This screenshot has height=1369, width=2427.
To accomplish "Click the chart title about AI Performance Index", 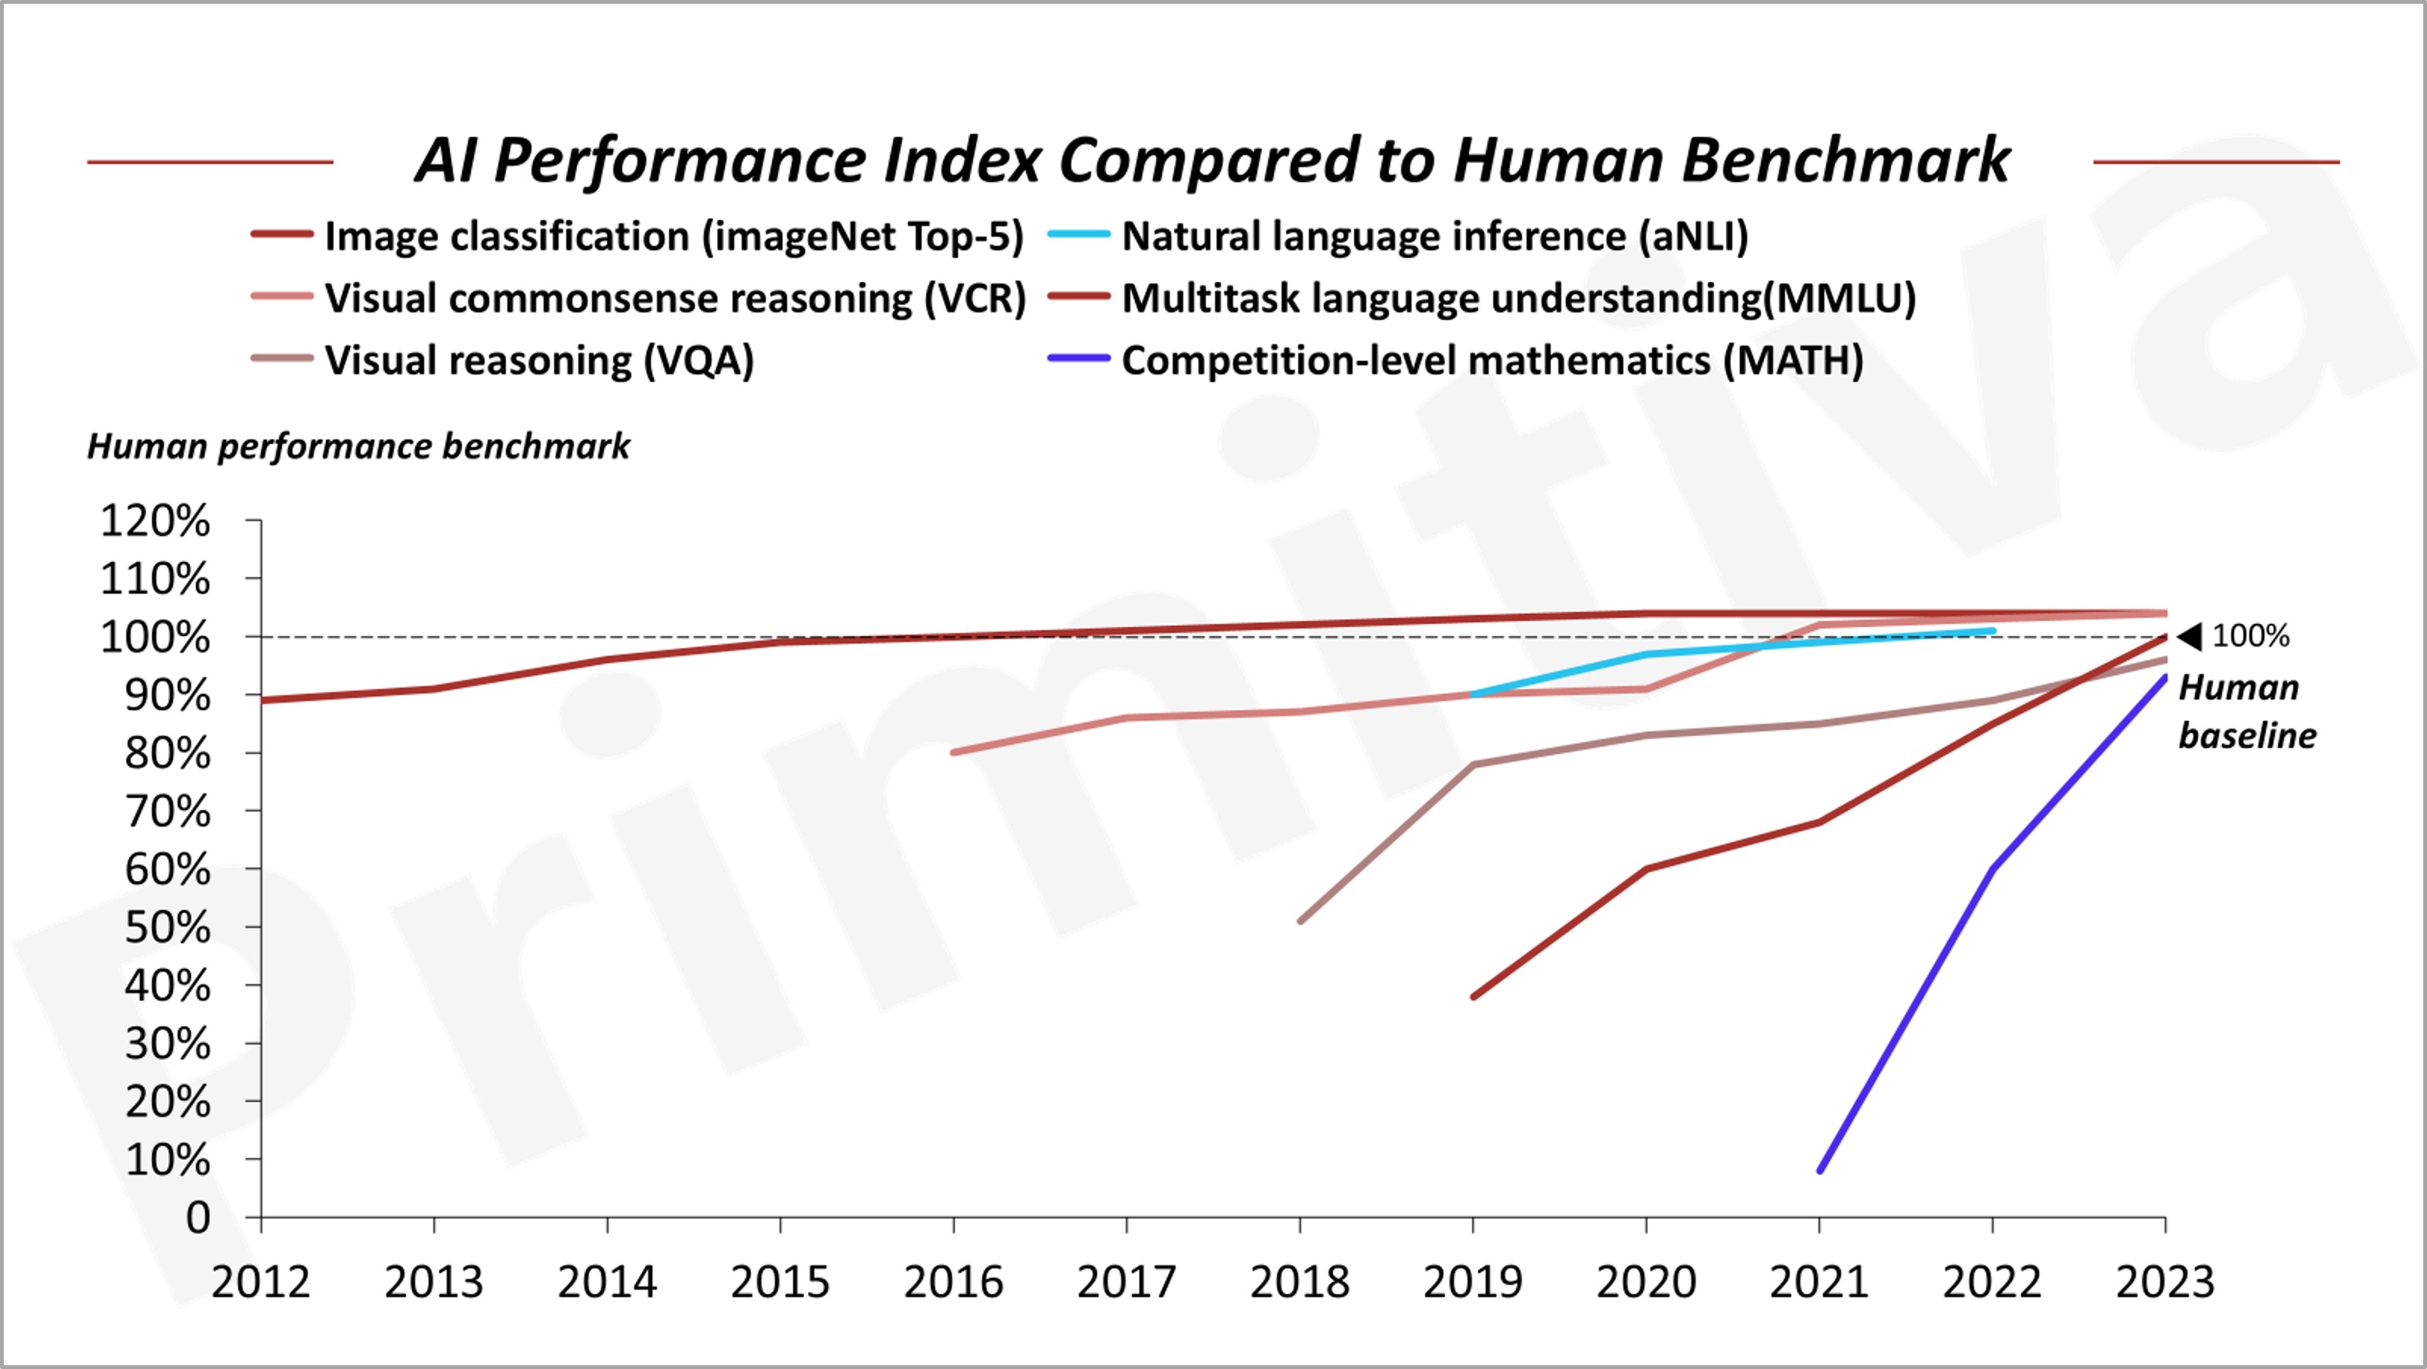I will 1213,160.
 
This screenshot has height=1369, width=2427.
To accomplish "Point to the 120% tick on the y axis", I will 156,521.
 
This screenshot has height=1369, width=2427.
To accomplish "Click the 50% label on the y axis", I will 167,928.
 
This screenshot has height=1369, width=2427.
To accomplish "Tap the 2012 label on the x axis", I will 260,1282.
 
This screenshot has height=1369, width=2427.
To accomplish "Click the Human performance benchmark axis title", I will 358,446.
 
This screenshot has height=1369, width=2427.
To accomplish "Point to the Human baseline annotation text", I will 2246,712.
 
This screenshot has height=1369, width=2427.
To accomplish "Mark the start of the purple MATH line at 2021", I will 1819,1170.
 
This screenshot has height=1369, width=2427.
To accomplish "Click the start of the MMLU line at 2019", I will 1474,996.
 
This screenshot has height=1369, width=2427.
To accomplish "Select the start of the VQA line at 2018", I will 1300,920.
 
